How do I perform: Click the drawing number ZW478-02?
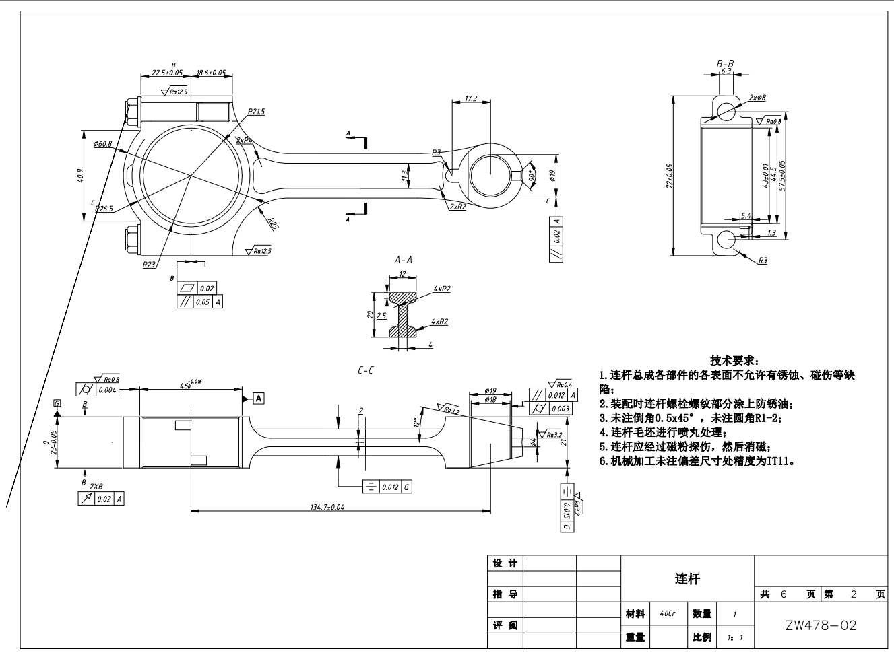821,625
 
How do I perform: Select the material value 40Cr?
668,614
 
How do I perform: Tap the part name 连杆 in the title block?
687,579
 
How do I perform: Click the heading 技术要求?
735,361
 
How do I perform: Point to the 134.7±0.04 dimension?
327,507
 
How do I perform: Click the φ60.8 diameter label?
103,143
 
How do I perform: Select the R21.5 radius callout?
256,112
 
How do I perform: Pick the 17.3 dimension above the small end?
471,99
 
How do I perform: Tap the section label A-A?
403,260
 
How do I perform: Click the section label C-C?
366,370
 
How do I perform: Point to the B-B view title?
725,63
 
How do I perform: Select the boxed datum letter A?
259,399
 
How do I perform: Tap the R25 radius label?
272,223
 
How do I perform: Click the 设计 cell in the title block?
505,563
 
